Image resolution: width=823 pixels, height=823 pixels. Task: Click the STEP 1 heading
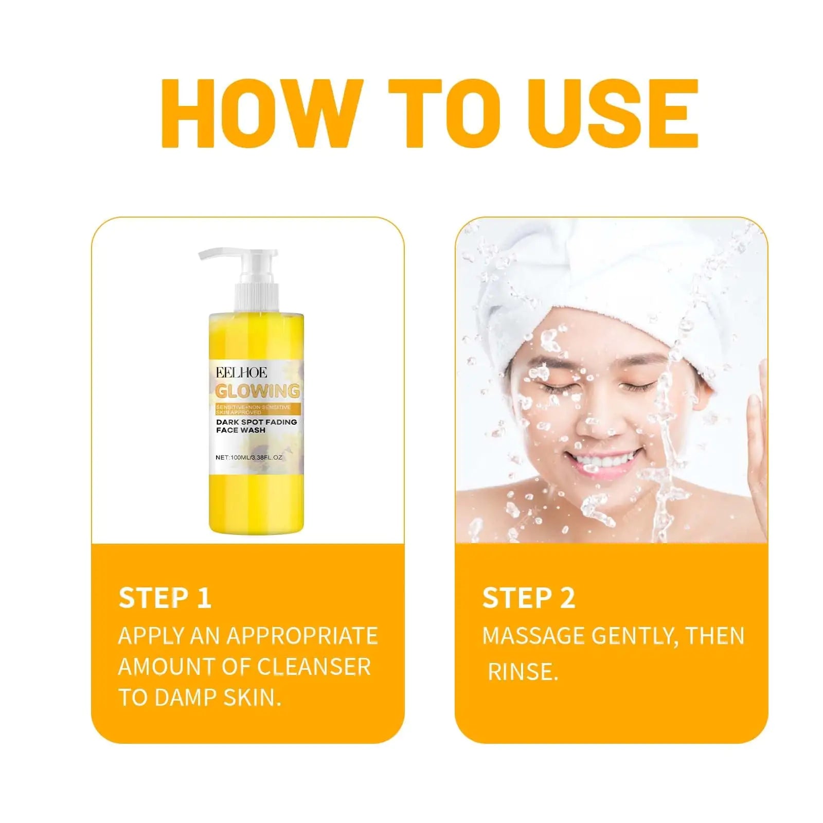click(x=165, y=598)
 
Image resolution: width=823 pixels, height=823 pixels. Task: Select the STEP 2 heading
click(x=529, y=598)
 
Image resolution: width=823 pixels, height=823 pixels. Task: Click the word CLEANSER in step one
click(x=314, y=667)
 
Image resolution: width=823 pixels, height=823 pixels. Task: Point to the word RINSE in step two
click(x=523, y=672)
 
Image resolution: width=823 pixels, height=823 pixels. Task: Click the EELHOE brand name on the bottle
click(x=241, y=372)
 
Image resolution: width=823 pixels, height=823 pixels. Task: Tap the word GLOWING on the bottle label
click(x=257, y=391)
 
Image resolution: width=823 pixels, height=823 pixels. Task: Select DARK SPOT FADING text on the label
click(x=256, y=422)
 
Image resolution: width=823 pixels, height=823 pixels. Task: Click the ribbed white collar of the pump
click(x=257, y=297)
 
